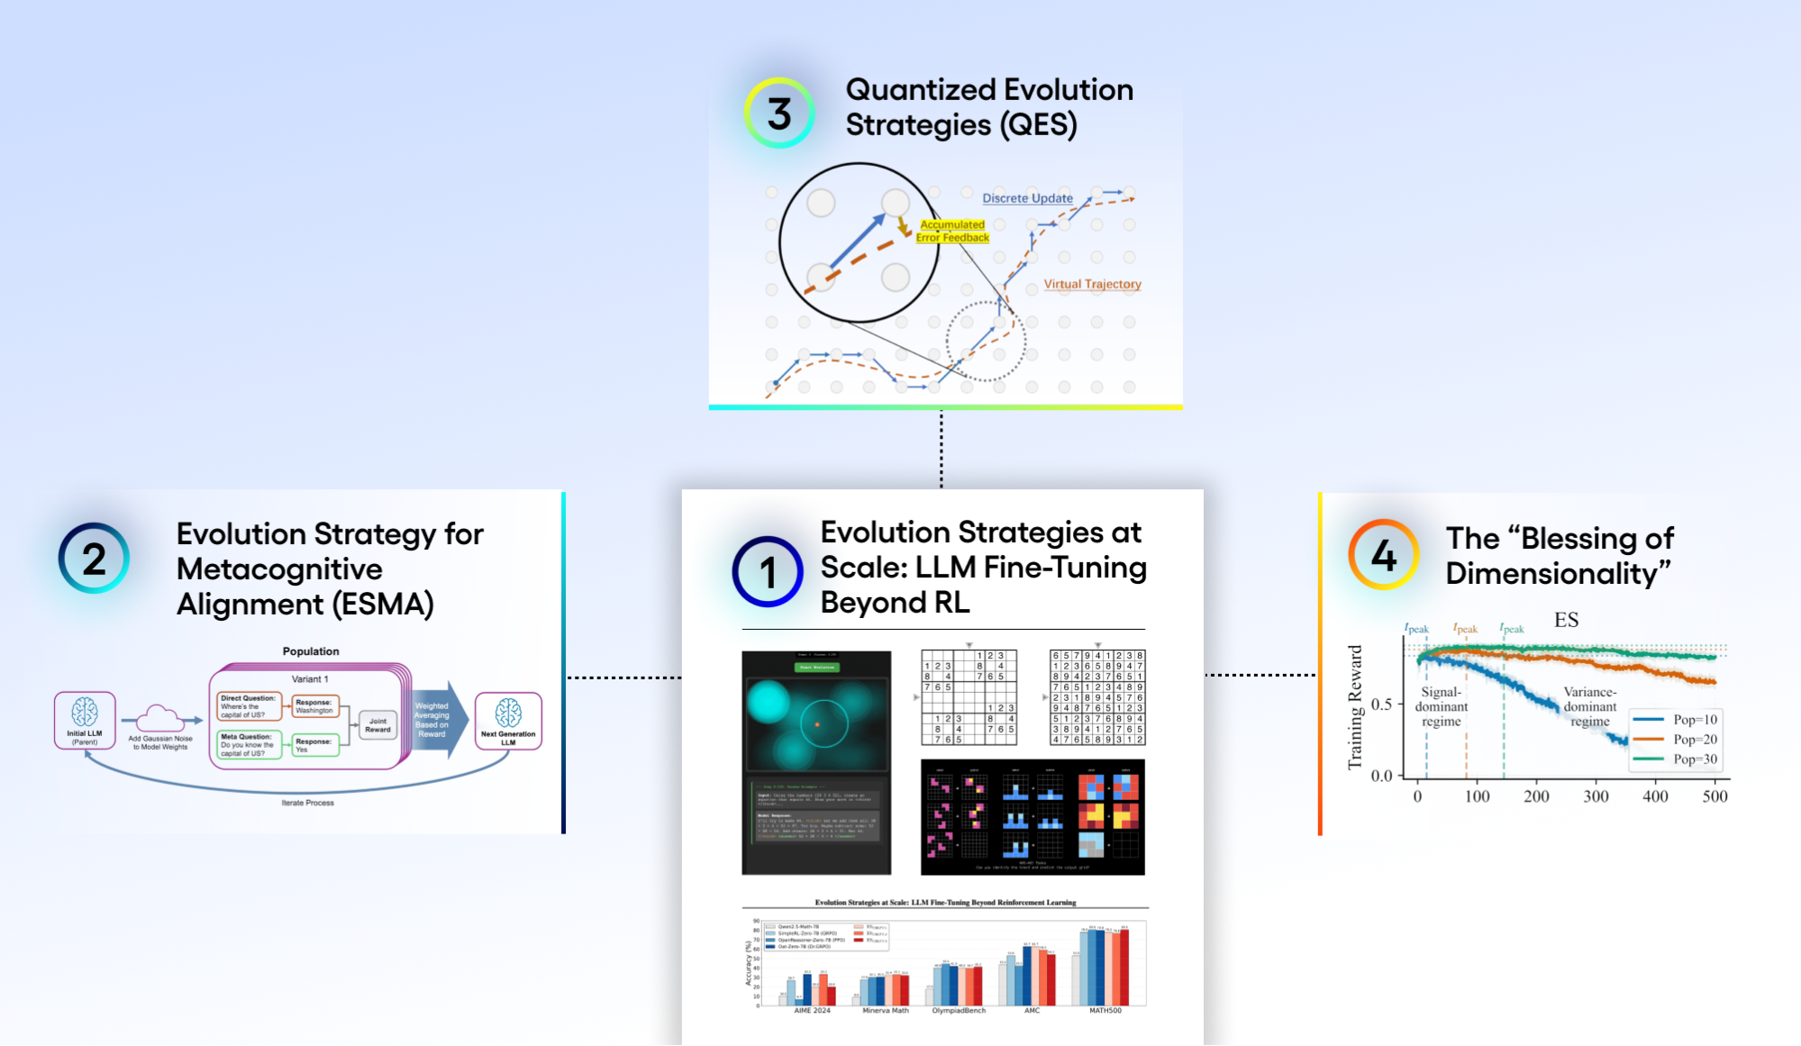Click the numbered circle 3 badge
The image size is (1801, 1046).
click(x=779, y=114)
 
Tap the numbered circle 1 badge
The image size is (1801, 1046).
click(x=768, y=572)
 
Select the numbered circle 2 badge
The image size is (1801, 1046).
click(x=95, y=559)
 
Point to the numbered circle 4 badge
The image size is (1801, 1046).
click(x=1384, y=555)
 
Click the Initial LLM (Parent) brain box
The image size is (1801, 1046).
click(x=85, y=720)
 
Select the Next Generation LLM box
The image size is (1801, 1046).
click(x=508, y=720)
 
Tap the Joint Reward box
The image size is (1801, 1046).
click(x=377, y=725)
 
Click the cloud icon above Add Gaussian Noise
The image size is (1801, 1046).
click(x=159, y=718)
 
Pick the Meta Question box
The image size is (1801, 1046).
click(x=248, y=745)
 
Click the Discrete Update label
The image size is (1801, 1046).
click(x=1027, y=198)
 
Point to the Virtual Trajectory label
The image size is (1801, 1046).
click(x=1092, y=284)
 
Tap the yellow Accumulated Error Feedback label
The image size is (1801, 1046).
click(x=952, y=232)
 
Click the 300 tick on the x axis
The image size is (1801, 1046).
click(x=1596, y=796)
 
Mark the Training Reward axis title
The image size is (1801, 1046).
click(x=1354, y=707)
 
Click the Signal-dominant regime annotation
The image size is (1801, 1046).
click(x=1441, y=706)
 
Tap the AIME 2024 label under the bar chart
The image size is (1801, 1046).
click(x=812, y=1011)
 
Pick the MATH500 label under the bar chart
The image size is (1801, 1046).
click(x=1105, y=1011)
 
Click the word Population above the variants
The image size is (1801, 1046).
click(x=311, y=651)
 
